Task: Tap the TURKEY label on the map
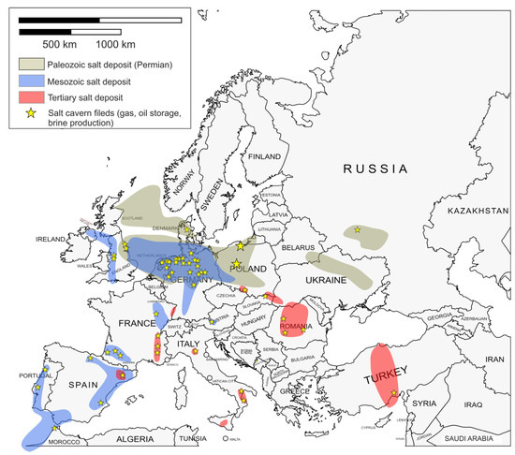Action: [x=388, y=379]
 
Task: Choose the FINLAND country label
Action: [x=265, y=156]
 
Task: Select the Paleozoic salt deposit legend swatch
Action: [x=37, y=66]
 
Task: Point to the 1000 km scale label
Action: [x=114, y=44]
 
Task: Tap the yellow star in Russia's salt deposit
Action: [x=357, y=228]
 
